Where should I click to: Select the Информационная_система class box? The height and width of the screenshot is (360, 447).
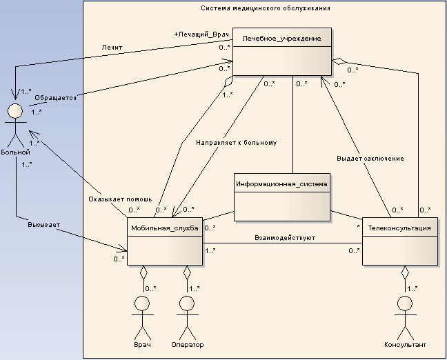[281, 197]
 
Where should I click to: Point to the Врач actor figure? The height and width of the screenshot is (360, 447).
[142, 314]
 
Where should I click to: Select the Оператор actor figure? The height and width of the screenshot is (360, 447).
[186, 314]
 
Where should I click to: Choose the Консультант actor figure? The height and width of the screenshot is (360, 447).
[406, 314]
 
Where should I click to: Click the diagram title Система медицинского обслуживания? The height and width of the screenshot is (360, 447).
[265, 9]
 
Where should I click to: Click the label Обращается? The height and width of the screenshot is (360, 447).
[55, 98]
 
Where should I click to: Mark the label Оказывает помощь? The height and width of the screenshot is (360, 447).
[115, 199]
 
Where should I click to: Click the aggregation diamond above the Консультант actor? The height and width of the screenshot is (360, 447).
[406, 271]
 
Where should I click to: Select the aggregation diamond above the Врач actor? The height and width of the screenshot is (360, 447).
[143, 272]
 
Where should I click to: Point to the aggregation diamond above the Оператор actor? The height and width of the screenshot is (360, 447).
[186, 272]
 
